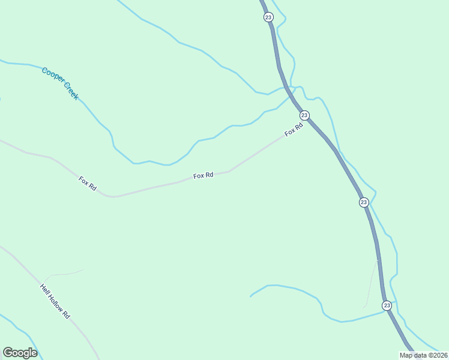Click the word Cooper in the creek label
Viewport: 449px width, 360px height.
[52, 77]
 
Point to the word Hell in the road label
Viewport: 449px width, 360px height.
[45, 289]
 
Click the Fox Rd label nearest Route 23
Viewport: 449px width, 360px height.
[294, 128]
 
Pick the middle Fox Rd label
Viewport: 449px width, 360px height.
[203, 175]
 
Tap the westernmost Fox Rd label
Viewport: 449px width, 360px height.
[88, 183]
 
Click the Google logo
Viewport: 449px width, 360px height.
[20, 353]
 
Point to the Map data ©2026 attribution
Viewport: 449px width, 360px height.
[423, 355]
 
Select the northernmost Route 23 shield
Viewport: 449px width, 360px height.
[268, 17]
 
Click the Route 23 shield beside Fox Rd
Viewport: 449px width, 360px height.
[304, 115]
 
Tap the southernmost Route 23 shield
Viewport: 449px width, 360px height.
[387, 305]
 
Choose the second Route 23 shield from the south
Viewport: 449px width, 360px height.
[364, 202]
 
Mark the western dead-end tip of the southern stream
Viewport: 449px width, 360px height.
[250, 296]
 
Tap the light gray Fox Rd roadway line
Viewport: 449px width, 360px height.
[150, 188]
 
